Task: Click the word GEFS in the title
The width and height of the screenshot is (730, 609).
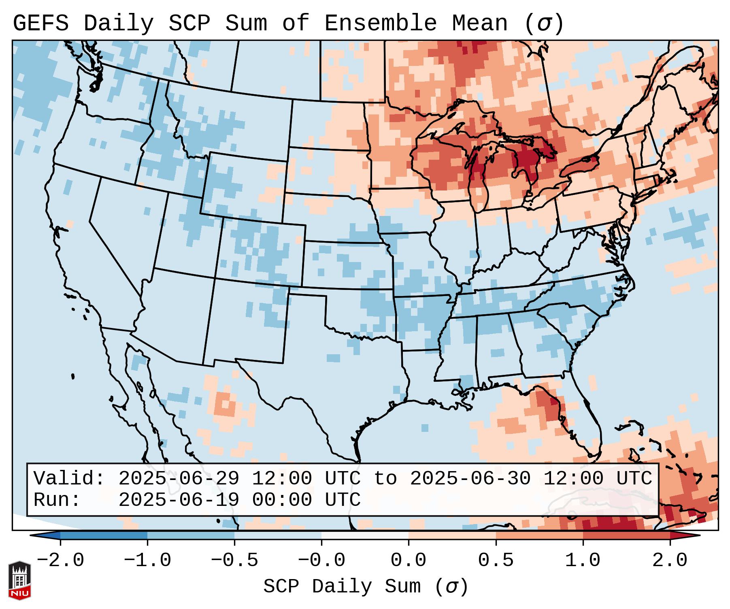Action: [x=40, y=23]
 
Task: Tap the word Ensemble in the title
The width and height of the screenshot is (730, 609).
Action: [x=380, y=23]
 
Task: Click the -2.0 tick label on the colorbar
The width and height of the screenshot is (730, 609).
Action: [x=60, y=560]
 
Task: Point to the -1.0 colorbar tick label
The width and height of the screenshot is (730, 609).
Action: [x=147, y=560]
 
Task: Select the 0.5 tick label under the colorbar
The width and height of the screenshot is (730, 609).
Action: [x=496, y=560]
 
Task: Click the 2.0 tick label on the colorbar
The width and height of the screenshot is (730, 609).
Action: [x=670, y=560]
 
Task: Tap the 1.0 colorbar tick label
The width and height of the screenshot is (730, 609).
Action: [x=583, y=560]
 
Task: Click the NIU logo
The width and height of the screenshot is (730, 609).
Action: [x=19, y=581]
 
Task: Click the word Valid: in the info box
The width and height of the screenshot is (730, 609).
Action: [x=69, y=479]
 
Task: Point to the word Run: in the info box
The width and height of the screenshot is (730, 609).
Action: [x=57, y=500]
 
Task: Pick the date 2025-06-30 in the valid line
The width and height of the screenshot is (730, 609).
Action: [x=470, y=479]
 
